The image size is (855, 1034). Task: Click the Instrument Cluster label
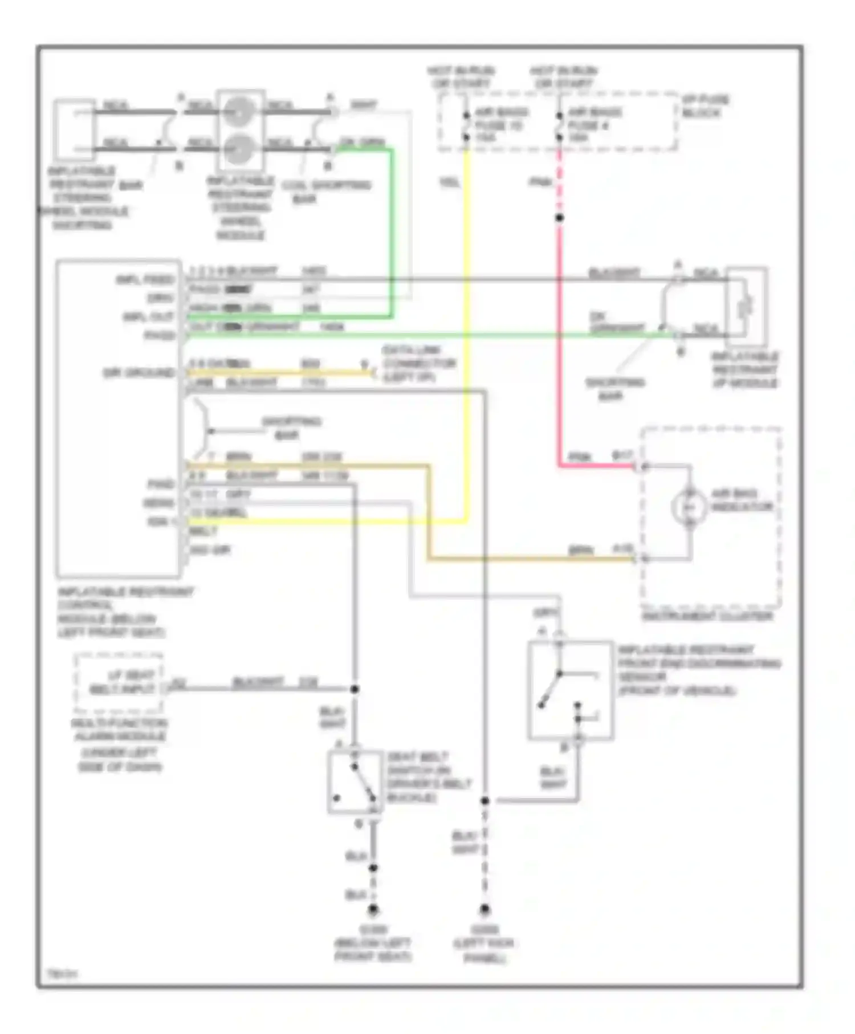[707, 616]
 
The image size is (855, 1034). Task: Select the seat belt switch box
[355, 781]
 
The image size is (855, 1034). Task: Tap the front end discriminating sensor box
[570, 690]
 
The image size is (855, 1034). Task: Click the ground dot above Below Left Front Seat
[373, 909]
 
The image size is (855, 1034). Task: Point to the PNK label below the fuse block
[540, 182]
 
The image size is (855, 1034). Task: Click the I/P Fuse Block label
[705, 106]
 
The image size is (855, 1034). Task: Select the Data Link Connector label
[418, 363]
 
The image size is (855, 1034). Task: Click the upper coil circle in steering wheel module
[239, 112]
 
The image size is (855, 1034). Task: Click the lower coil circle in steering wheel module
[239, 149]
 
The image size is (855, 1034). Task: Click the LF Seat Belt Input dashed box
[119, 683]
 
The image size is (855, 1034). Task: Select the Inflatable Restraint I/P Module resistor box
[746, 307]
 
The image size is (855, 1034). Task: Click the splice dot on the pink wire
[559, 218]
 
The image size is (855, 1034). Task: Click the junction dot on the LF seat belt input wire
[354, 689]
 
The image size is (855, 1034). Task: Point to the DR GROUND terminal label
[139, 373]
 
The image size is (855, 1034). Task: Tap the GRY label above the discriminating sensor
[544, 613]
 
